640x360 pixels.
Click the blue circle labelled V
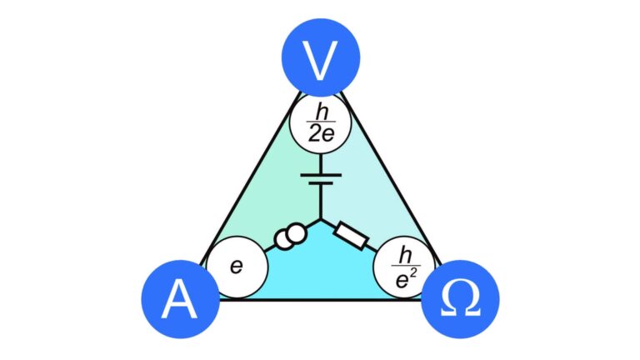[321, 57]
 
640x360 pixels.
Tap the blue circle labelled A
[180, 299]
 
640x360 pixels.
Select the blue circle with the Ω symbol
[460, 299]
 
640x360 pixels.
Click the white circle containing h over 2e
[321, 123]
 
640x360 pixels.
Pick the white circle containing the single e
[237, 267]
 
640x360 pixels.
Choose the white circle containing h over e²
[404, 267]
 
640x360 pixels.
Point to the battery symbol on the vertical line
[321, 179]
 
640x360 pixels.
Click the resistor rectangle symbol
[351, 236]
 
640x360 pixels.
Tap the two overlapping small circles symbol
[290, 237]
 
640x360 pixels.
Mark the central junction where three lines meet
[321, 219]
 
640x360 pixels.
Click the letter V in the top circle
[321, 60]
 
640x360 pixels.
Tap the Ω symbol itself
[460, 298]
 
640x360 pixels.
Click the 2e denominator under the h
[321, 133]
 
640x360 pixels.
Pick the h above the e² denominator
[405, 256]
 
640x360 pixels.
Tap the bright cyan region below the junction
[321, 269]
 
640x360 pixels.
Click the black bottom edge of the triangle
[321, 300]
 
